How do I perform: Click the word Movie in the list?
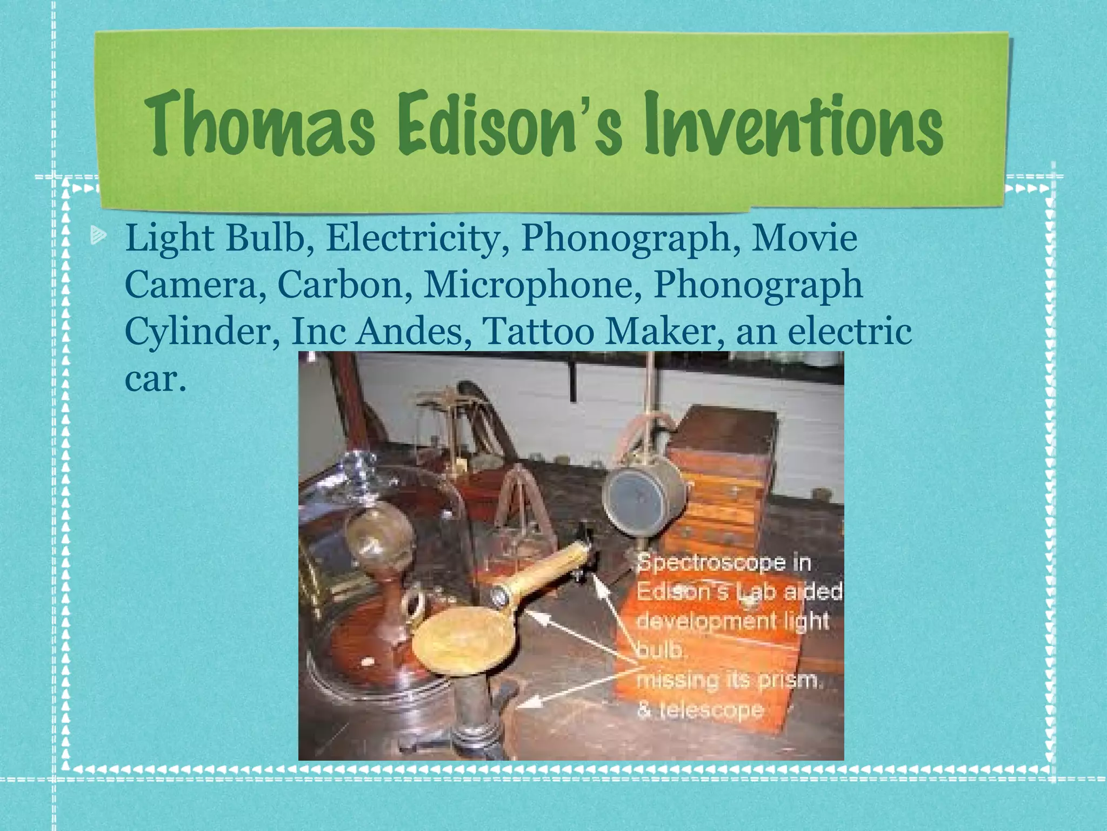pyautogui.click(x=804, y=238)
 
